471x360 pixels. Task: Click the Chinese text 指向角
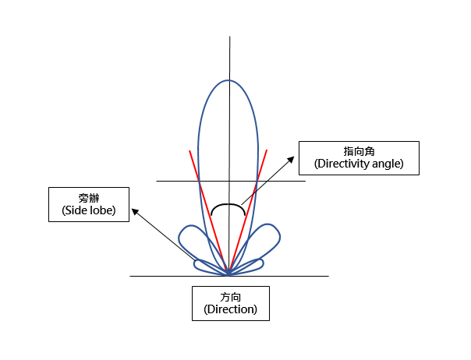click(x=359, y=151)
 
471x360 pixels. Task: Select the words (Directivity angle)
click(x=359, y=164)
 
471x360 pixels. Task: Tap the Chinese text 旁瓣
click(x=89, y=198)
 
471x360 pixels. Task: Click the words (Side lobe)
click(x=89, y=210)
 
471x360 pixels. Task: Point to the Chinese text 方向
click(x=231, y=297)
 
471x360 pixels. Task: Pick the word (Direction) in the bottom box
click(x=231, y=309)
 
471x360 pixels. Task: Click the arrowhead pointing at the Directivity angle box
click(x=291, y=160)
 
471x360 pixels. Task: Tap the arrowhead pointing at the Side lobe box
click(x=135, y=211)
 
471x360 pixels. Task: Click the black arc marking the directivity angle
click(x=228, y=204)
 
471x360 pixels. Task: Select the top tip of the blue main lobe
click(x=229, y=80)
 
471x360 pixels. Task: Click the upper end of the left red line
click(x=189, y=150)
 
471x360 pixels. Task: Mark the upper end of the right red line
click(x=267, y=150)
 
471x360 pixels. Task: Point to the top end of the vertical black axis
click(x=230, y=37)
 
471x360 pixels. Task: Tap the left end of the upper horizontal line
click(x=157, y=181)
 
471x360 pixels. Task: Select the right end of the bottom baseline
click(x=328, y=276)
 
